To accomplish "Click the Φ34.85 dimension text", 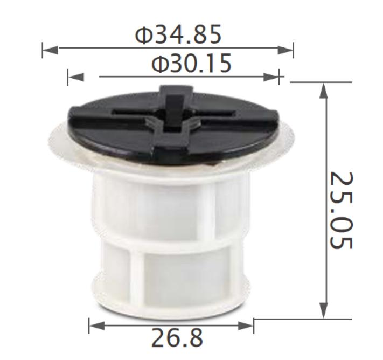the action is pos(178,35).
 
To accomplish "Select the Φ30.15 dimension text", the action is pos(191,63).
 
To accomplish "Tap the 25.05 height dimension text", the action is pos(342,210).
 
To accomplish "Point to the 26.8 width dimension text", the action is pos(177,338).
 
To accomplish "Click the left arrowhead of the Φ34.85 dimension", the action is pos(51,50).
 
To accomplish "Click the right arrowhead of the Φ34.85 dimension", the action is pos(285,50).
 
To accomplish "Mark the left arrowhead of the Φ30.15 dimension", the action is pos(76,77).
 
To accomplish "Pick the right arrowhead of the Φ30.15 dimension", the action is pos(271,77).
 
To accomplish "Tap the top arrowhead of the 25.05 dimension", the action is pos(323,91).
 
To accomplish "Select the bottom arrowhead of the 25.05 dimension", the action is pos(323,310).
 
